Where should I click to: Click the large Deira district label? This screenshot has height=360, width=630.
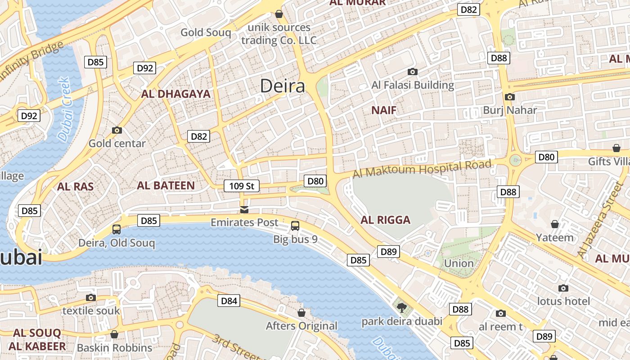[283, 86]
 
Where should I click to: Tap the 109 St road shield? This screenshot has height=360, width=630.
[242, 185]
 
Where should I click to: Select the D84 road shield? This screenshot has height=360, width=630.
[229, 301]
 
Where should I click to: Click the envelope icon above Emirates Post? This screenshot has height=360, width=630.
[244, 209]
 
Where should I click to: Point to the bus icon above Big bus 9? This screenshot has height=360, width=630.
[295, 226]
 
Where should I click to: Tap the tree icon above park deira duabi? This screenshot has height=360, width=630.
[401, 308]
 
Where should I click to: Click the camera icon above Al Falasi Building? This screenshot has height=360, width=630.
[412, 72]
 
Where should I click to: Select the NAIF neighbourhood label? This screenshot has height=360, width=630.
[384, 110]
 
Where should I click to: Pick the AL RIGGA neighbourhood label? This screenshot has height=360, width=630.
[386, 220]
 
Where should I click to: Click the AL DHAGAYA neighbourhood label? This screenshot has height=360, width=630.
[175, 94]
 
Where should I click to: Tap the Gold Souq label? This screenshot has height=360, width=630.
[206, 32]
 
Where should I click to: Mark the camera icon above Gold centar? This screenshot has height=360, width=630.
[117, 130]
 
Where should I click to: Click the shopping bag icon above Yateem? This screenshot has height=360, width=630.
[555, 224]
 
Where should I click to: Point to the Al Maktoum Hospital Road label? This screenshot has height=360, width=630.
[422, 169]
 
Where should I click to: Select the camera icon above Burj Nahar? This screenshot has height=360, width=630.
[510, 97]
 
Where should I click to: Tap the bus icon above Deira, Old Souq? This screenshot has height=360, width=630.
[117, 229]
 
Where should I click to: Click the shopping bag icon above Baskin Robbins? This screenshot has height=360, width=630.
[114, 334]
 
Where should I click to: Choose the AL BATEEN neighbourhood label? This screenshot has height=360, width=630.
[166, 185]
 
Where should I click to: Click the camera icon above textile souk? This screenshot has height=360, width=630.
[91, 297]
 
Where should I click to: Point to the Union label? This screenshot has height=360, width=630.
[459, 263]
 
